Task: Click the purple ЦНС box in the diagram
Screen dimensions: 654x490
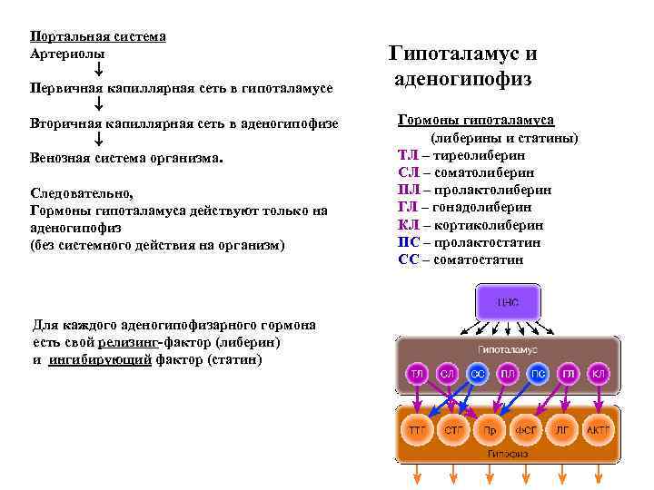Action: (x=507, y=302)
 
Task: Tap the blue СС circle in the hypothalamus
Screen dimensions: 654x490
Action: (x=477, y=373)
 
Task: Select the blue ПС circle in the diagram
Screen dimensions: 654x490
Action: (x=537, y=373)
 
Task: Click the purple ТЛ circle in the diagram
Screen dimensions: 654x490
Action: (x=417, y=373)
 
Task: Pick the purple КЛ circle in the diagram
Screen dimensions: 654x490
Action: (x=598, y=373)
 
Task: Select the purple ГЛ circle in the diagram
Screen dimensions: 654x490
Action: (x=568, y=373)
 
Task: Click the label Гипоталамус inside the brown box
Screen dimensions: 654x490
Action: (x=507, y=349)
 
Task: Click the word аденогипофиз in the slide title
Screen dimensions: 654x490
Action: (x=462, y=79)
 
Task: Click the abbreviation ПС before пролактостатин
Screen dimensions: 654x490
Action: (x=408, y=242)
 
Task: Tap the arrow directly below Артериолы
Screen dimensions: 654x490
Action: (x=98, y=71)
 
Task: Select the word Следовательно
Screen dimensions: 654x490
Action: (x=81, y=193)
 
